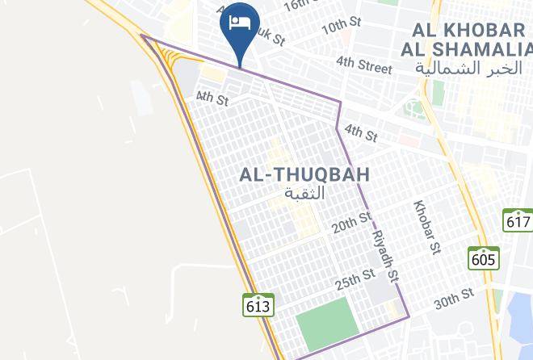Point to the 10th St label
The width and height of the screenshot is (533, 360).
point(340,28)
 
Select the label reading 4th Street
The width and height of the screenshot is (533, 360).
point(363,64)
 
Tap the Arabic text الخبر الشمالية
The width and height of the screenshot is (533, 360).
point(469,68)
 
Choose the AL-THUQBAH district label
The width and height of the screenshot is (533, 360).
point(305,174)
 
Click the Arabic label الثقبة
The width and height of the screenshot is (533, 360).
point(305,194)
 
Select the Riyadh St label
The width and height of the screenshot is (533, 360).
point(386,252)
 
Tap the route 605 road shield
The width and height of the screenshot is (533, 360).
point(483,258)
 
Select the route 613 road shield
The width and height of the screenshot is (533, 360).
point(258,306)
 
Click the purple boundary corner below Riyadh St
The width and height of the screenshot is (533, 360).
point(409,316)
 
